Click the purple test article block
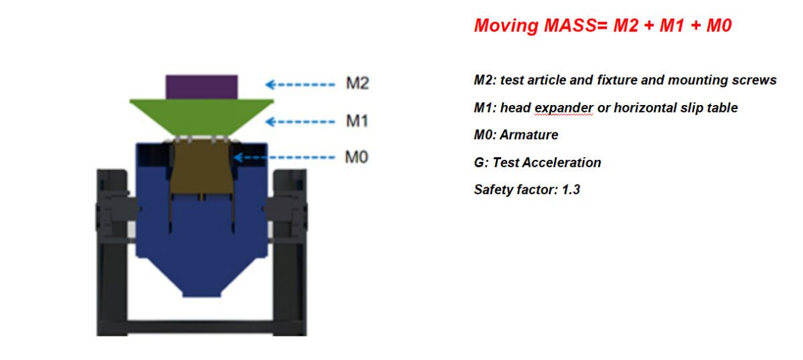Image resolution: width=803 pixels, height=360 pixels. point(201,86)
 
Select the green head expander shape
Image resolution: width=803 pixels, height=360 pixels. point(201,117)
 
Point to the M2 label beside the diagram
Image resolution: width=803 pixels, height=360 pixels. point(357,84)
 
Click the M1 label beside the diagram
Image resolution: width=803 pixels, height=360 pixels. point(357,121)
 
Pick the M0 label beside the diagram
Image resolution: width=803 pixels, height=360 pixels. point(357,158)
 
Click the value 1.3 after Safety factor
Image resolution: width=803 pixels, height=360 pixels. point(571,189)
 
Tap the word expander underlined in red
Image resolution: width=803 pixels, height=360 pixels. point(565,108)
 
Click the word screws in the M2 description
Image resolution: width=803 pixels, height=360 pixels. point(757,80)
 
